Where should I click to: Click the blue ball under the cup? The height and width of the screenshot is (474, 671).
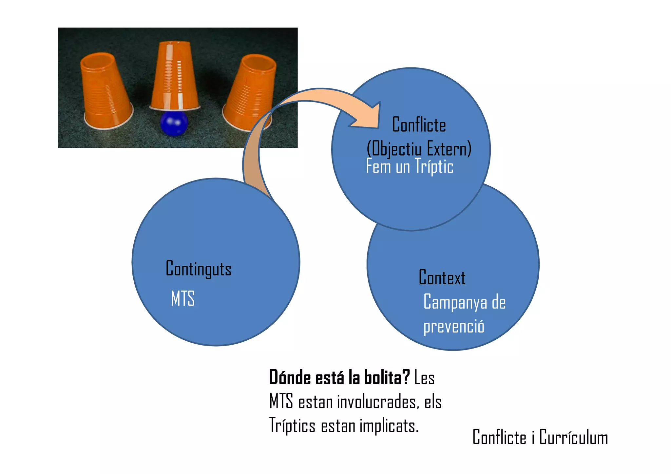pyautogui.click(x=174, y=124)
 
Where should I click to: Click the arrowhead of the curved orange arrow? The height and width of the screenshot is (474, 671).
pyautogui.click(x=369, y=116)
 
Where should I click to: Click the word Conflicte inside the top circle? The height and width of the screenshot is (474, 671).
pyautogui.click(x=419, y=125)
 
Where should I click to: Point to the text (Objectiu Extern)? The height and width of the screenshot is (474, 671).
pyautogui.click(x=419, y=149)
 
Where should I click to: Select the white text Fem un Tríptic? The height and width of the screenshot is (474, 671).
pyautogui.click(x=410, y=166)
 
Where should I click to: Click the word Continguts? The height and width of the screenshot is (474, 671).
pyautogui.click(x=199, y=269)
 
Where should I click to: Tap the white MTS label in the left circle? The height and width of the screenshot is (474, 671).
pyautogui.click(x=183, y=298)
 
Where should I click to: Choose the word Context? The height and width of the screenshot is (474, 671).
pyautogui.click(x=442, y=278)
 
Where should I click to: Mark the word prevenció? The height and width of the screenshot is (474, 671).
pyautogui.click(x=453, y=327)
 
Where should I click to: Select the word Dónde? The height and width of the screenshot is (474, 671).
pyautogui.click(x=290, y=377)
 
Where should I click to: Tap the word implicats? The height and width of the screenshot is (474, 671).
pyautogui.click(x=389, y=426)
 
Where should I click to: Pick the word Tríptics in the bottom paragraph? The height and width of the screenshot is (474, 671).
pyautogui.click(x=292, y=426)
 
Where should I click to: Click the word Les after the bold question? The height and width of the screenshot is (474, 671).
pyautogui.click(x=424, y=378)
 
